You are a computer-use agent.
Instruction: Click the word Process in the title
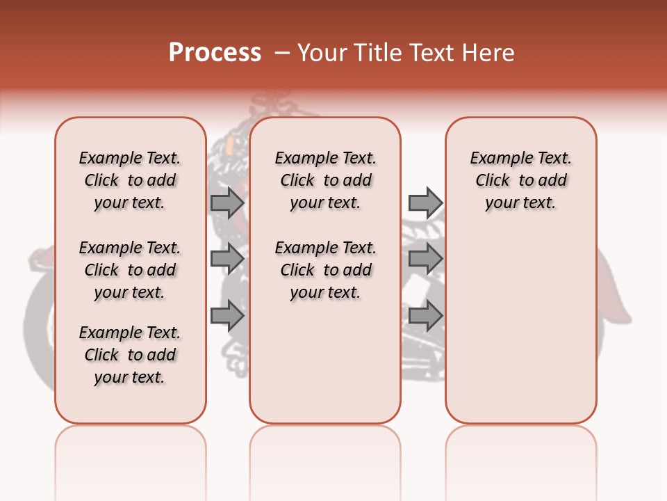point(215,52)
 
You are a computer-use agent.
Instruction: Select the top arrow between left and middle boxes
point(227,202)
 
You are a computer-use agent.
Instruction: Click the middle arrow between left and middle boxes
point(227,259)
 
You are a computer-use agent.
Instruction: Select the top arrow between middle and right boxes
point(425,202)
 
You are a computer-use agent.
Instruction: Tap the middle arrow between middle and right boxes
point(425,259)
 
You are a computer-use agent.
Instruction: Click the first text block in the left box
point(130,180)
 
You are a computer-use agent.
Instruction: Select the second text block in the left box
point(130,270)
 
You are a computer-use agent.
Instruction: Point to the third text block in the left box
point(130,355)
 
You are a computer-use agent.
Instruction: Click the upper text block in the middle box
point(325,180)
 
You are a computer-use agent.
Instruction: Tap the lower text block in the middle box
point(325,270)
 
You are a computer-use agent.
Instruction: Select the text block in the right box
point(521,180)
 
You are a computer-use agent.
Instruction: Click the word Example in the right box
point(495,158)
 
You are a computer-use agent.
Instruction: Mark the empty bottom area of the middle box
point(325,369)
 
